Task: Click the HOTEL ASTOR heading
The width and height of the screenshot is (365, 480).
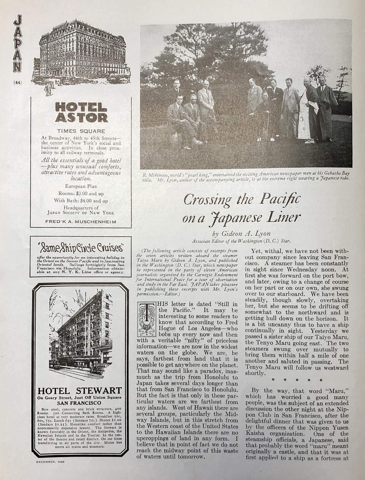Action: [81, 112]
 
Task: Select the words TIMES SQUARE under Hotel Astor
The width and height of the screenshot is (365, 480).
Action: [81, 131]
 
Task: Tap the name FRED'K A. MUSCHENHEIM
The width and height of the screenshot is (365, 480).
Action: [81, 222]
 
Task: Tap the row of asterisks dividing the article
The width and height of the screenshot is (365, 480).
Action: [297, 380]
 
